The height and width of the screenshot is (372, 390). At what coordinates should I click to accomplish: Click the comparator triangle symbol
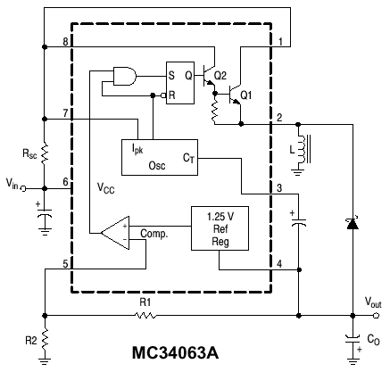(114, 233)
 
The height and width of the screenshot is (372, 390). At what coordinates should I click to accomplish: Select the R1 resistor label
(146, 303)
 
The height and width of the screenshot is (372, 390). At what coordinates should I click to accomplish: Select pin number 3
(279, 188)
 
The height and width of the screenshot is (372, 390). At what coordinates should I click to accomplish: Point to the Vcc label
(106, 189)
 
